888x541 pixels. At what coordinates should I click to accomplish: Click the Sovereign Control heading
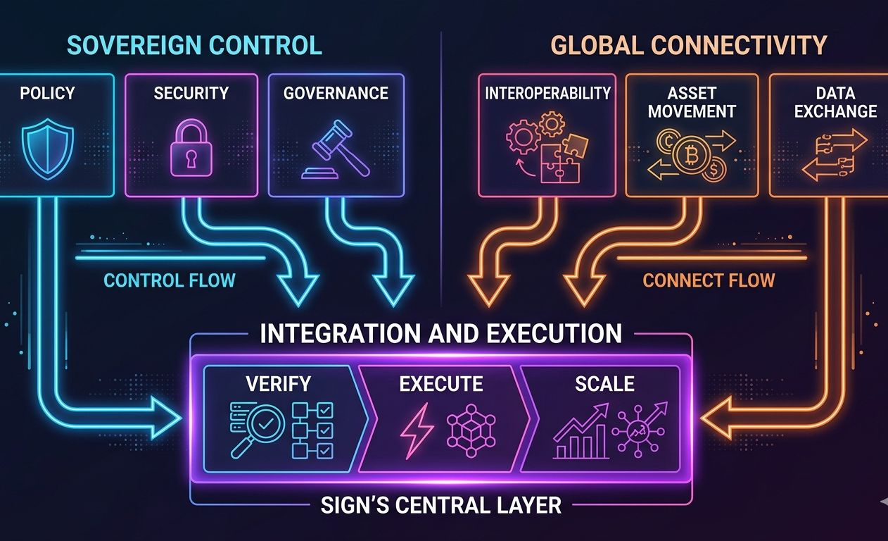tap(194, 45)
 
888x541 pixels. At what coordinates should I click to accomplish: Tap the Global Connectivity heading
tap(687, 45)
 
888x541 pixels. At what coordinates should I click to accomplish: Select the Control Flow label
tap(169, 280)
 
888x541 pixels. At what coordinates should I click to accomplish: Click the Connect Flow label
tap(709, 280)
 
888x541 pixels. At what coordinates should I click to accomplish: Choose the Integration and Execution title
tap(440, 332)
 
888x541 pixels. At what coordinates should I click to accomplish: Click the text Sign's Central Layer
tap(440, 504)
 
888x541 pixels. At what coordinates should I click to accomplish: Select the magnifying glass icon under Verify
tap(258, 427)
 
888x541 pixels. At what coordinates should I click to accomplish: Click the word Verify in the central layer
tap(279, 384)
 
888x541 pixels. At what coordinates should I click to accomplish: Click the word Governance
tap(336, 93)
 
